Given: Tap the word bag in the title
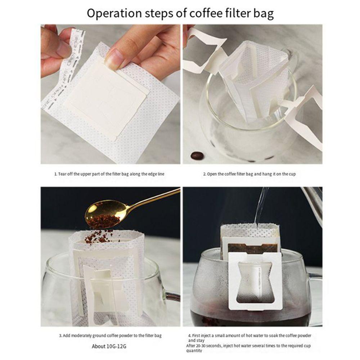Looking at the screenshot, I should click(x=262, y=13).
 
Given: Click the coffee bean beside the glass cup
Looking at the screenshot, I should click(x=197, y=156).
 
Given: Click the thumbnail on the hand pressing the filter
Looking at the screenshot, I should click(x=115, y=58).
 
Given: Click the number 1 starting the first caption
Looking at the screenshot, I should click(x=55, y=174).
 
